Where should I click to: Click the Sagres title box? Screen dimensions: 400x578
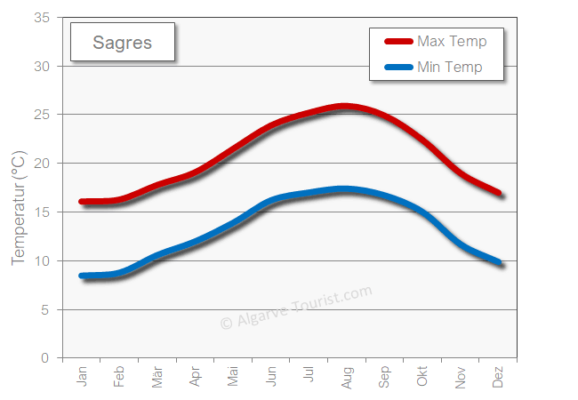tap(122, 42)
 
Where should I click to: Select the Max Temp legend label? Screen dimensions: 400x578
tap(450, 41)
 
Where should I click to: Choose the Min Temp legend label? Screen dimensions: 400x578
tap(449, 67)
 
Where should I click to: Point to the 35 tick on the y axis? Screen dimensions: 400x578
tap(42, 17)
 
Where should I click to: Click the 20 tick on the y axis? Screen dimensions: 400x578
tap(42, 163)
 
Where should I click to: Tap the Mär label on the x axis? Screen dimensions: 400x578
tap(157, 377)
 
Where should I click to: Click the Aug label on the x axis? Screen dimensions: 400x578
tap(347, 377)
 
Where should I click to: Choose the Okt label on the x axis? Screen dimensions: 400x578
tap(422, 377)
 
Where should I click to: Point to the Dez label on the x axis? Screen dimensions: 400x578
tap(498, 377)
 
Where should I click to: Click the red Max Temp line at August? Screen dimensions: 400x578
tap(347, 107)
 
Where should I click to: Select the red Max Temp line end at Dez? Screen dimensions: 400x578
tap(499, 193)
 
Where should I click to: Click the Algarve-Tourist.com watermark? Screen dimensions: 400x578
tap(295, 308)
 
